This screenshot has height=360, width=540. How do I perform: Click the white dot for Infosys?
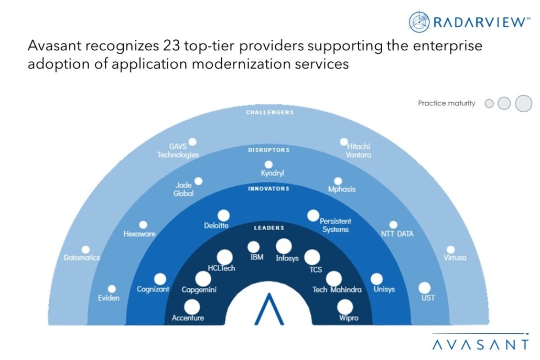[x=284, y=246]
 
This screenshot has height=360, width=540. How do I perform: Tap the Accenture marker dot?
[x=192, y=307]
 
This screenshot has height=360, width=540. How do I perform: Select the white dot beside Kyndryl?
[x=268, y=165]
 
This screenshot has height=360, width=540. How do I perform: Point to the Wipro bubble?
[x=345, y=307]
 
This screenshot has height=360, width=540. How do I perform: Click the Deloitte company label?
[x=217, y=225]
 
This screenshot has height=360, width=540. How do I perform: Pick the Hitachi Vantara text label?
[x=359, y=150]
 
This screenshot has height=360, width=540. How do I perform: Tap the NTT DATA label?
[x=397, y=234]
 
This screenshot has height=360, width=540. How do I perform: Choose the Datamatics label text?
[x=82, y=257]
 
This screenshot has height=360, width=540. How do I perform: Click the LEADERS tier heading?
[x=269, y=228]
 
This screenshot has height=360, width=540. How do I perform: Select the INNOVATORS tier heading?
[x=268, y=189]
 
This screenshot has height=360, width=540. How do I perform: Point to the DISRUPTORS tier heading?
[x=268, y=150]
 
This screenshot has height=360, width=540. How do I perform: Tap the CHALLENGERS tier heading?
[x=269, y=112]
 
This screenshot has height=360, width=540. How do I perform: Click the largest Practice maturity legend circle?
[x=523, y=103]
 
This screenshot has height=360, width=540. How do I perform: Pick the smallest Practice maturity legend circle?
[x=489, y=103]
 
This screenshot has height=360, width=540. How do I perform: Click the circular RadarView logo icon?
[x=419, y=22]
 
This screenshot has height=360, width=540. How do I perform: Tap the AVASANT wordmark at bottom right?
[x=480, y=345]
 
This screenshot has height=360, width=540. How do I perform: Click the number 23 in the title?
[x=171, y=46]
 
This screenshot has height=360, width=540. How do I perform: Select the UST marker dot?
[x=424, y=288]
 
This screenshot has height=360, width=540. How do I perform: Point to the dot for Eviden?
[x=112, y=289]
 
